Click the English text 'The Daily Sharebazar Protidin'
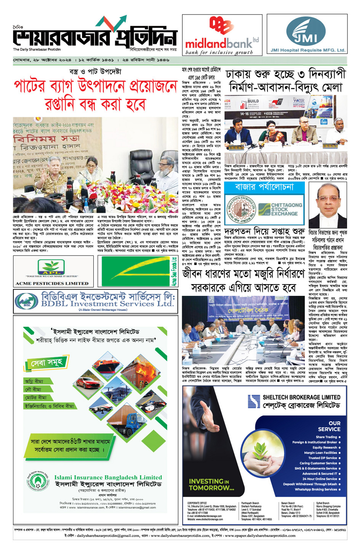tap(37, 50)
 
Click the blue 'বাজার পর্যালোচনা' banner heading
tap(264, 187)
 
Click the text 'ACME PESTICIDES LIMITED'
tap(52, 283)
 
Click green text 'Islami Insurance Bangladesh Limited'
tap(108, 477)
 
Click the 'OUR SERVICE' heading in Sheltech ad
tap(329, 426)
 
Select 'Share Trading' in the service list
tap(326, 437)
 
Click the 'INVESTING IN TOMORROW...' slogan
tap(211, 484)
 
